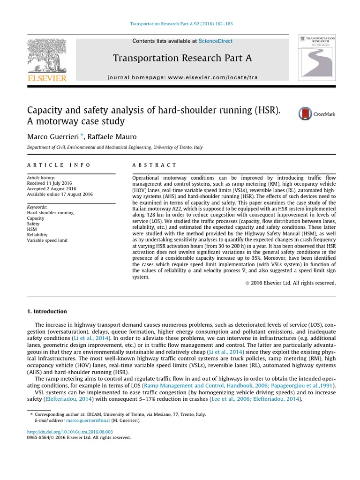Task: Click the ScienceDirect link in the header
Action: [x=215, y=41]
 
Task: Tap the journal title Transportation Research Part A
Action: [x=182, y=58]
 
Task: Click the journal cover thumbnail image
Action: [x=317, y=57]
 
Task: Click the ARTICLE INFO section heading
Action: [x=59, y=165]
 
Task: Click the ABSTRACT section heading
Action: [x=155, y=165]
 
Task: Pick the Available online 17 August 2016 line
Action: [x=60, y=195]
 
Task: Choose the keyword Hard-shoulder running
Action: [x=50, y=212]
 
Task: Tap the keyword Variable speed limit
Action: [x=47, y=240]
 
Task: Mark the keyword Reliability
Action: [x=38, y=235]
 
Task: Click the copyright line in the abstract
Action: [x=291, y=283]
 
